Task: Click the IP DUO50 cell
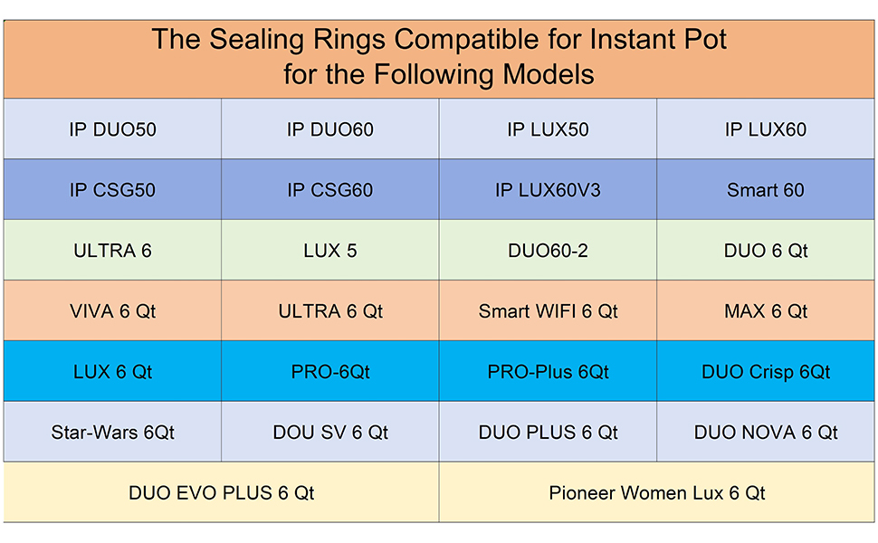click(x=112, y=129)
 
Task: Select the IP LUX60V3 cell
click(x=548, y=190)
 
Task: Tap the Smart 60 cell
click(x=765, y=190)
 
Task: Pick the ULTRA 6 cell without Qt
click(x=112, y=251)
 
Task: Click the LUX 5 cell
click(x=329, y=251)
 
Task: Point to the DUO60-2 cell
click(x=548, y=251)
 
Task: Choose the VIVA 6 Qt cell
click(x=112, y=311)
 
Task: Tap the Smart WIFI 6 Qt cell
click(x=548, y=311)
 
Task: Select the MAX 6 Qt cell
click(x=765, y=311)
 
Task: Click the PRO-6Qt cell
click(x=329, y=372)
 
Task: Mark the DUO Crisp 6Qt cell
click(x=765, y=372)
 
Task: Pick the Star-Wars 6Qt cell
click(x=112, y=433)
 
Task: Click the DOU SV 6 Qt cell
click(x=329, y=433)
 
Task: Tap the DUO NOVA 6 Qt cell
click(x=765, y=433)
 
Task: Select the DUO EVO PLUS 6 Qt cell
click(x=221, y=493)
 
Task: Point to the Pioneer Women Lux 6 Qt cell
click(x=656, y=493)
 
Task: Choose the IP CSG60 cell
click(x=329, y=190)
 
